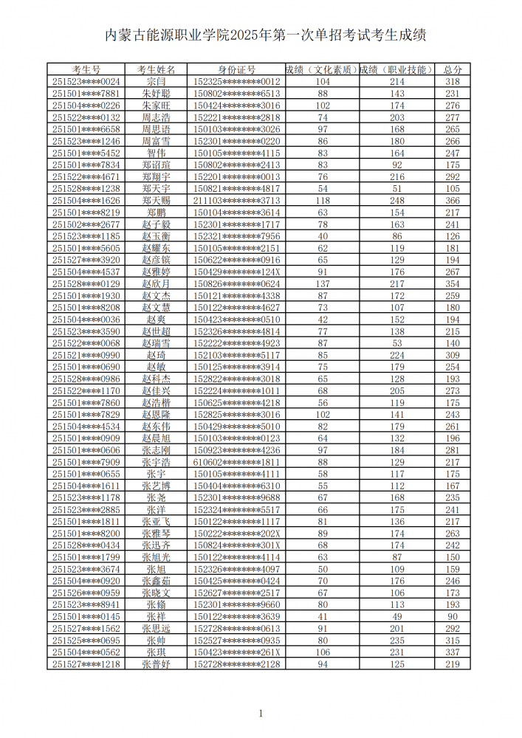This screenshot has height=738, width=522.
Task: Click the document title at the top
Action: (x=261, y=35)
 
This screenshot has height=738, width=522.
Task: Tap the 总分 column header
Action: (x=453, y=70)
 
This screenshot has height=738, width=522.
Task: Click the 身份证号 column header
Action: (x=236, y=70)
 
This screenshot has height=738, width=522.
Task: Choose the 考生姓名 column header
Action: (x=157, y=70)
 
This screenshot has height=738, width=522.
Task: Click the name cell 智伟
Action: (x=157, y=154)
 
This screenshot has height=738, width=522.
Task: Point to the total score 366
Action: (x=453, y=201)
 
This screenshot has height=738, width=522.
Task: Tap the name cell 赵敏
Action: (x=157, y=368)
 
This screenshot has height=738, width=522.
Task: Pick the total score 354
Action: (x=453, y=284)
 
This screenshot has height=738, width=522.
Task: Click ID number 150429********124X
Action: (x=236, y=272)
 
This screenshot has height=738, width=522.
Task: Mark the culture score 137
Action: (x=323, y=284)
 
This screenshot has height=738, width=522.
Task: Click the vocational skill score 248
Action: (x=397, y=201)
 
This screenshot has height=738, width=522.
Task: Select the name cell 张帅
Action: (x=157, y=641)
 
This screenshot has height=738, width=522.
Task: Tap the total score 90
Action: (x=453, y=617)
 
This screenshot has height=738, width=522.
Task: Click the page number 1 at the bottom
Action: (x=261, y=713)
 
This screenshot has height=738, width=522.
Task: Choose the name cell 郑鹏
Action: (x=157, y=213)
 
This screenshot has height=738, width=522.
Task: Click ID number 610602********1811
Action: (x=236, y=463)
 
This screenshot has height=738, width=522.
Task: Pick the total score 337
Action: (x=453, y=652)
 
